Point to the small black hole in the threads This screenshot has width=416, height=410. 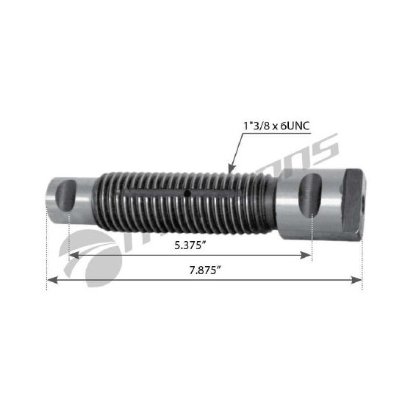(x=188, y=194)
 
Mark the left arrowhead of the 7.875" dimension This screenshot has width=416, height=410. (x=50, y=280)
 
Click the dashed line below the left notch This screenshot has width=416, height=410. (x=68, y=235)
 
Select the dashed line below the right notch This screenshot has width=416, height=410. (x=312, y=235)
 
